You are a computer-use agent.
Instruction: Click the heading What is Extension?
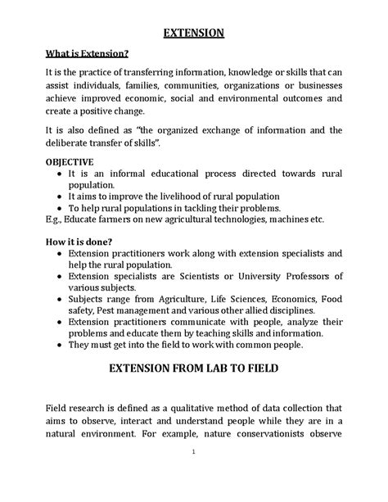[87, 55]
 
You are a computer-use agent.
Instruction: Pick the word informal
[130, 174]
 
